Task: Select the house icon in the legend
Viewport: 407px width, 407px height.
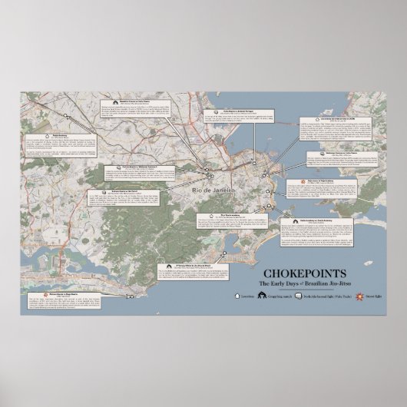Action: pos(236,296)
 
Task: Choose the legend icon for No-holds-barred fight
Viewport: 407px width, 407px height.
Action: pos(298,296)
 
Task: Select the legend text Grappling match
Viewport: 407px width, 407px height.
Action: pos(279,296)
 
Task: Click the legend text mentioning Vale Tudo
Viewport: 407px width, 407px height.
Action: pos(322,296)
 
